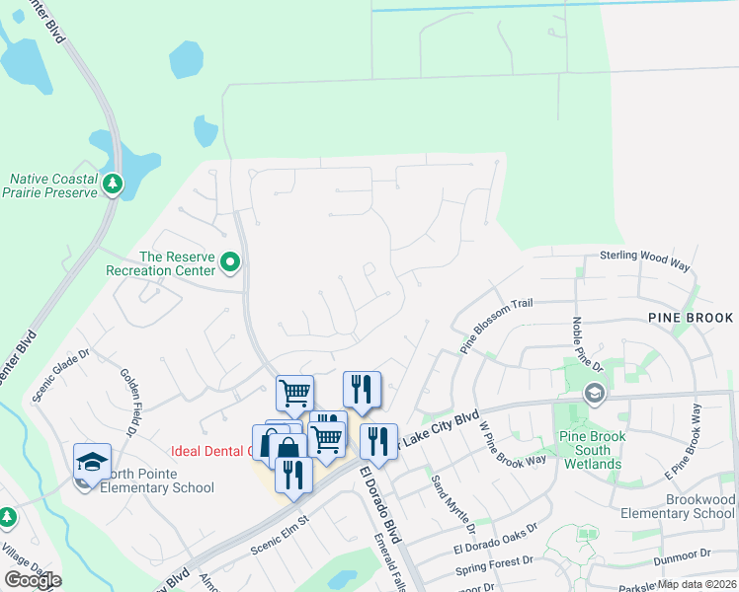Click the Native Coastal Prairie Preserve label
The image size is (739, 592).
point(54,185)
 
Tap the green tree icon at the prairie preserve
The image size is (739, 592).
point(113,183)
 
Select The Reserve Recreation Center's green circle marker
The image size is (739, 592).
point(231,262)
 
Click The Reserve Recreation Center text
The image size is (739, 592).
point(178,262)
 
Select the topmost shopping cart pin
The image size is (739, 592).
point(294,393)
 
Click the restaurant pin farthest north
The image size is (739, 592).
point(362,389)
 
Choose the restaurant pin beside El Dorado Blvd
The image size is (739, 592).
point(378,441)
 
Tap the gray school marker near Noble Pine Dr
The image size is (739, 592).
point(593,394)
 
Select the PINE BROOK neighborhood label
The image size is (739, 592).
point(691,318)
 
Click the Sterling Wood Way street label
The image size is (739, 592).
point(644,257)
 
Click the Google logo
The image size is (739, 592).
point(33,579)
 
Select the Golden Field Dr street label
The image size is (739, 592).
point(128,402)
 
